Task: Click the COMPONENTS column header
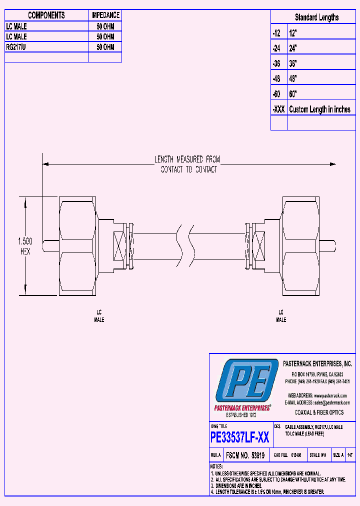click(x=46, y=15)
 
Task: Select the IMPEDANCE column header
click(x=105, y=15)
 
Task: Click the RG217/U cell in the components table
click(x=17, y=47)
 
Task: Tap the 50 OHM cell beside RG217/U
click(x=105, y=47)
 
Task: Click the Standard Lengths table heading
click(x=316, y=17)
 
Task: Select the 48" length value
click(x=293, y=79)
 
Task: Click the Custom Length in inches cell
click(x=319, y=109)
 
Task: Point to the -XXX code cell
click(x=278, y=109)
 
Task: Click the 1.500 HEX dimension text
click(x=25, y=246)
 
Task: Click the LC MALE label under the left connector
click(x=99, y=315)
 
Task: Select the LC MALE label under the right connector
click(x=281, y=315)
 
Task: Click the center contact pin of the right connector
click(x=327, y=246)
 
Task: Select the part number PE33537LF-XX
click(x=240, y=438)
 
